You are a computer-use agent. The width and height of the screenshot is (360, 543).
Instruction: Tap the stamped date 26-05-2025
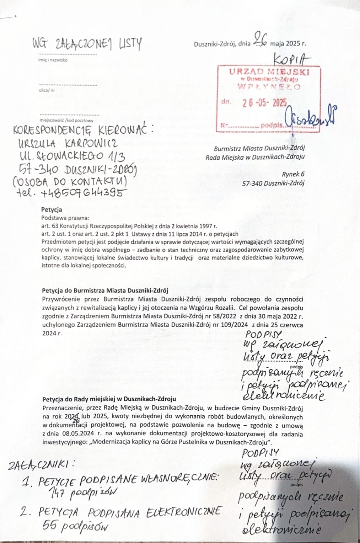click(x=264, y=103)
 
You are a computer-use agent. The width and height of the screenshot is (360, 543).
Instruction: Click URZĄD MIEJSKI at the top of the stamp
click(x=269, y=72)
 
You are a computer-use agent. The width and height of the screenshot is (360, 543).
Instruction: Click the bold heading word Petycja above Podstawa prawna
click(x=52, y=210)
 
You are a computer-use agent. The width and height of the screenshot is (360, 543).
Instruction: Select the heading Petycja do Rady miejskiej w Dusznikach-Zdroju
click(x=109, y=399)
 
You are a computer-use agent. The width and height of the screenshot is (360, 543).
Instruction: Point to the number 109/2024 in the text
click(x=233, y=325)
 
